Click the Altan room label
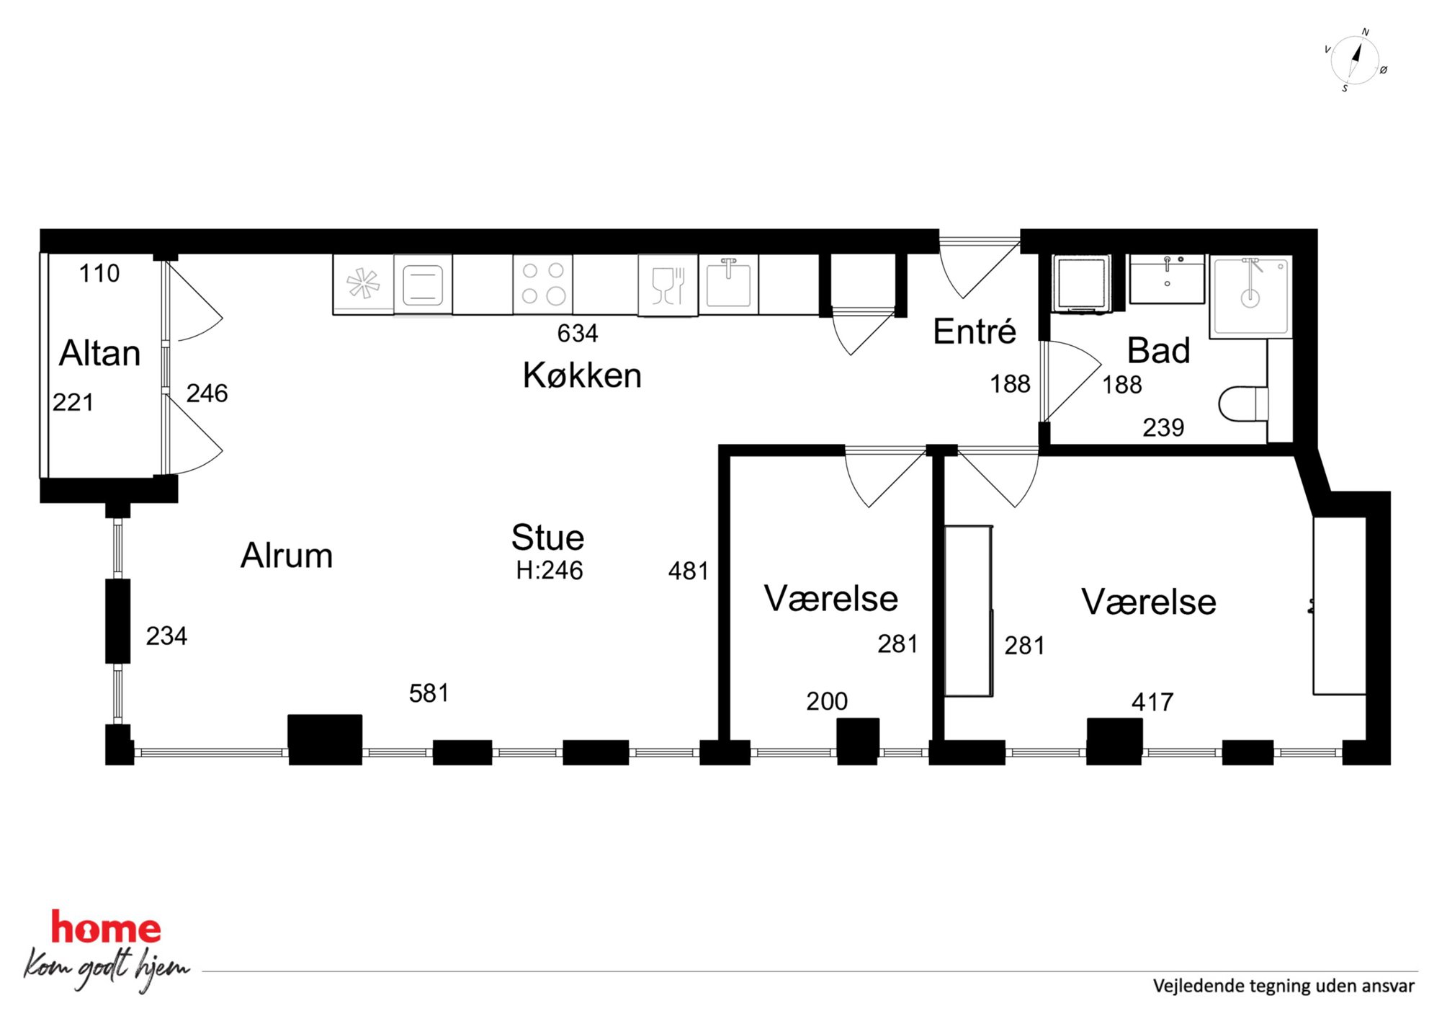[x=99, y=353]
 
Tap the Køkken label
[x=582, y=375]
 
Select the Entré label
[x=975, y=331]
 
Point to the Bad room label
[x=1158, y=351]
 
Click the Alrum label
[x=287, y=556]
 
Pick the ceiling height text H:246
[x=549, y=571]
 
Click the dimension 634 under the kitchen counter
[x=578, y=334]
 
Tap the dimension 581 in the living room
[x=429, y=693]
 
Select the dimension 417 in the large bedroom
[x=1152, y=702]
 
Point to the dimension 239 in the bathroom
[x=1163, y=427]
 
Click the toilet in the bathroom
[x=1243, y=404]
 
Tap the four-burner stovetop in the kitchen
[x=543, y=284]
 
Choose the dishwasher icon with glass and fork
[x=668, y=285]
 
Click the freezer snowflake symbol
[x=363, y=283]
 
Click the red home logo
[x=106, y=927]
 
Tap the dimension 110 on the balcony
[x=99, y=274]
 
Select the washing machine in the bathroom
[x=1081, y=284]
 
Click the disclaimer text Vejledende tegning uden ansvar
[x=1284, y=986]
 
